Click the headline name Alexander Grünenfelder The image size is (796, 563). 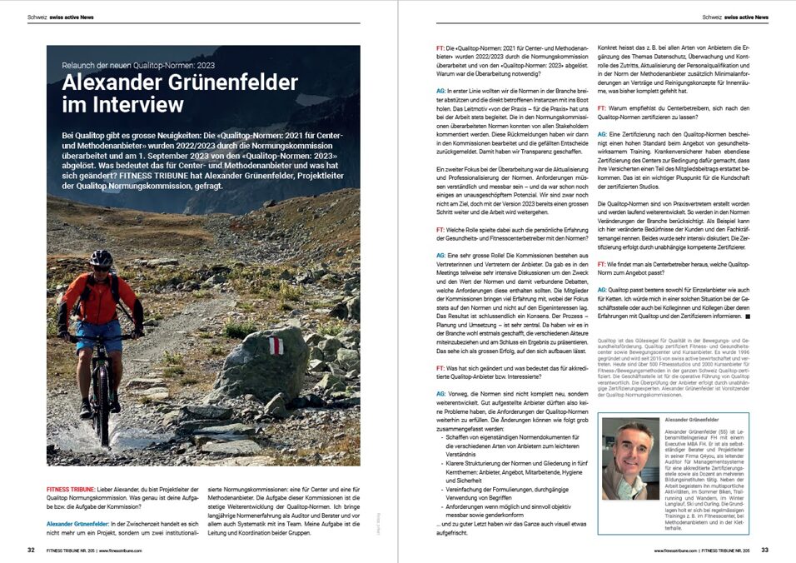point(179,82)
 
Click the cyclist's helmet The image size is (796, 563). point(101,258)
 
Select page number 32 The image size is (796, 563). point(31,550)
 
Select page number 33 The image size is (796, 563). point(764,550)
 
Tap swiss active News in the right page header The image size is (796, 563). point(746,17)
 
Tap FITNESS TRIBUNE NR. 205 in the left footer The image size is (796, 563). point(78,550)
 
